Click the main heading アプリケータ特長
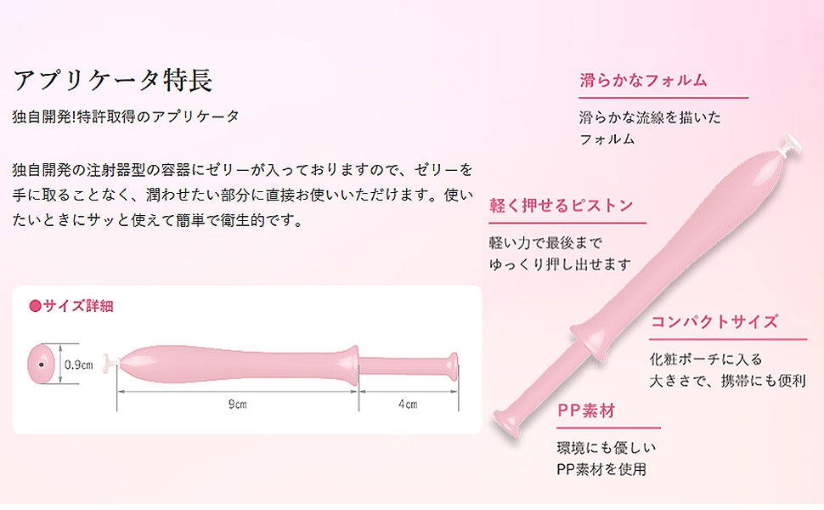(112, 81)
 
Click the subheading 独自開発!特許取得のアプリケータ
(126, 116)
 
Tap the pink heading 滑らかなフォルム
(644, 81)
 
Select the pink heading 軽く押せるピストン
(562, 205)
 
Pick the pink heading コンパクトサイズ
(714, 321)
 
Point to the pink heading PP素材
(586, 411)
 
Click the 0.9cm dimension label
(79, 365)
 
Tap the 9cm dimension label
(238, 404)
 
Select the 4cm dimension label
(408, 404)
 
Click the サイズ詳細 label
(78, 306)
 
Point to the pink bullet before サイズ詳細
(35, 306)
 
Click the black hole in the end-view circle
(41, 365)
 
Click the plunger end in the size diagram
(453, 366)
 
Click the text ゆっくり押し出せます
(560, 264)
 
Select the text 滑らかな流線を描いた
(650, 117)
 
